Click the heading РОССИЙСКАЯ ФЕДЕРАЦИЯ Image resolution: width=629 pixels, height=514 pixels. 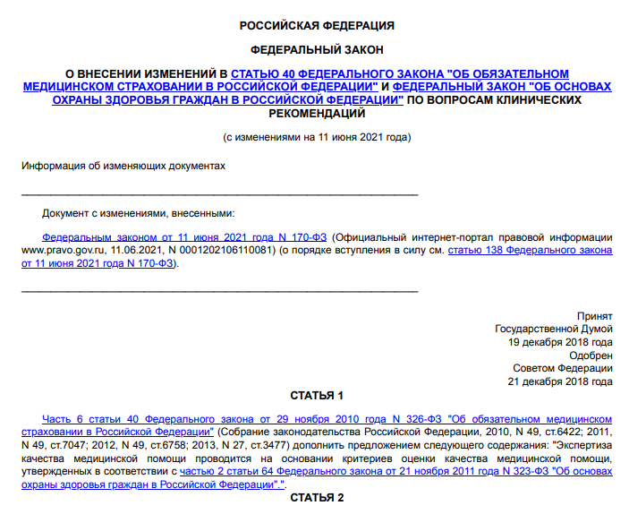coord(317,26)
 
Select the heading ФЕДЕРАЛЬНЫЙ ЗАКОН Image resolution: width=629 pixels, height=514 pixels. coord(317,50)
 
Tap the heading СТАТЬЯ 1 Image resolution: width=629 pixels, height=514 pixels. coord(317,395)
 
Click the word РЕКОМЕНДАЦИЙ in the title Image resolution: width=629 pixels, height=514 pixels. coord(317,114)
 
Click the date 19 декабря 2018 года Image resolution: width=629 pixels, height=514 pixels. coord(560,342)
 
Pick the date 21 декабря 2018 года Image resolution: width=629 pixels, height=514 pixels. coord(560,381)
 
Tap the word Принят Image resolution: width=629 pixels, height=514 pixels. coord(595,316)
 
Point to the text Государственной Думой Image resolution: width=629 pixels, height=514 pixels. coord(554,329)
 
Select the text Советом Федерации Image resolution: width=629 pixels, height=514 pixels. coord(563,368)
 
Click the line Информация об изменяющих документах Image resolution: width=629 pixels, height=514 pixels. coord(123,166)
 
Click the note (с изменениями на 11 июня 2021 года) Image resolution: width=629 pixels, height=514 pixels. coord(317,138)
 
